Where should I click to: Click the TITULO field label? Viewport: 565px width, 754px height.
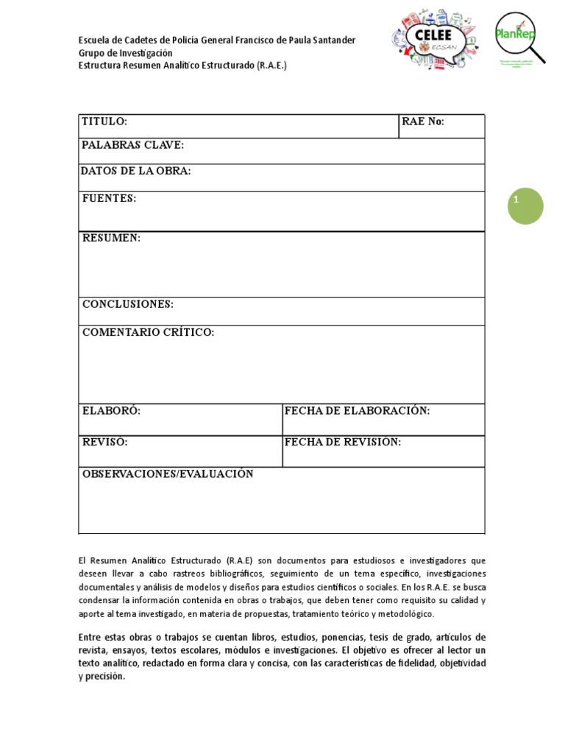104,121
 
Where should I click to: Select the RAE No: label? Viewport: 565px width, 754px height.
423,121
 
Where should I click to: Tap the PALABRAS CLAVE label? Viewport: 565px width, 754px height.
133,145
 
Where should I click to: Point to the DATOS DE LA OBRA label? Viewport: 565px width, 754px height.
136,171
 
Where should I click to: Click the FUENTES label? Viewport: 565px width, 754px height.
109,198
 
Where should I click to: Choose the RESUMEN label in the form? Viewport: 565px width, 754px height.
111,238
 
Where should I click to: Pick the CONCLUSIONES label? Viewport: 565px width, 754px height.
128,304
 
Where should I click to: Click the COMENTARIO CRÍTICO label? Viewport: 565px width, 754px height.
148,332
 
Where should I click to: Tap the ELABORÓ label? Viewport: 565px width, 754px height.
111,410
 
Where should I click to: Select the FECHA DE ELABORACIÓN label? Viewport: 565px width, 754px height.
357,410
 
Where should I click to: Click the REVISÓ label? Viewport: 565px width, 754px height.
105,442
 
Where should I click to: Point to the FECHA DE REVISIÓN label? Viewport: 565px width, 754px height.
343,442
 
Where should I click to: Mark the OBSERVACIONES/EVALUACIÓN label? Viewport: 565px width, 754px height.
168,473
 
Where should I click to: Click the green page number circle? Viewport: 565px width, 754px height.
525,206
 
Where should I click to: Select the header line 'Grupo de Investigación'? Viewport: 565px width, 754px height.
126,53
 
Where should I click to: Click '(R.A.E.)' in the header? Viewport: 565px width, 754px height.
272,66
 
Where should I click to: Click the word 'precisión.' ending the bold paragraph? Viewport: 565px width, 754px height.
105,677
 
